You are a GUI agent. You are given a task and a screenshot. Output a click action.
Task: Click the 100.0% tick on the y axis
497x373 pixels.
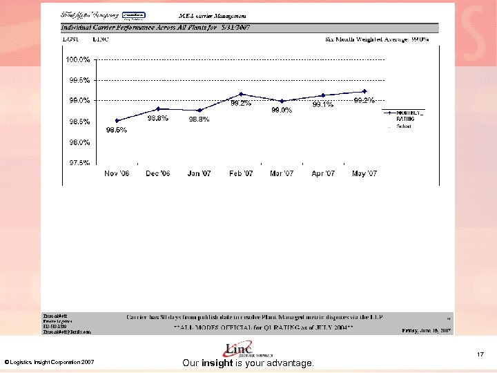pyautogui.click(x=77, y=59)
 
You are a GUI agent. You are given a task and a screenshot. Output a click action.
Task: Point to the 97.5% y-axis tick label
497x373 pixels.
pyautogui.click(x=77, y=163)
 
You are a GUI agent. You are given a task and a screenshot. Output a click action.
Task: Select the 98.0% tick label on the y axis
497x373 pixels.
pyautogui.click(x=77, y=142)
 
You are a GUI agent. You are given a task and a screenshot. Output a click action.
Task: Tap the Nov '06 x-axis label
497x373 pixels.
pyautogui.click(x=117, y=173)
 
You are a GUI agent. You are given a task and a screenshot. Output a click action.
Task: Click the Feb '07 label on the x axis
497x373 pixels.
pyautogui.click(x=241, y=173)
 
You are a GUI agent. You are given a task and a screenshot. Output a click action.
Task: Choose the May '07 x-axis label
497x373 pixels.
pyautogui.click(x=364, y=173)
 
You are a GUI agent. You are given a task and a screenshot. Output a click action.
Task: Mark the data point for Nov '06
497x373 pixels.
pyautogui.click(x=117, y=121)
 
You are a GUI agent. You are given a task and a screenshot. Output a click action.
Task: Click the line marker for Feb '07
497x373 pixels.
pyautogui.click(x=241, y=94)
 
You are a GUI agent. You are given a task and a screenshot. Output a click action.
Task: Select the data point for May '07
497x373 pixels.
pyautogui.click(x=364, y=91)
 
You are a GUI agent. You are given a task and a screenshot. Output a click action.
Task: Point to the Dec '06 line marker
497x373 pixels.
pyautogui.click(x=158, y=108)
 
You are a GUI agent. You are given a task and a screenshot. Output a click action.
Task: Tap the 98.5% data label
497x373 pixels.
pyautogui.click(x=116, y=130)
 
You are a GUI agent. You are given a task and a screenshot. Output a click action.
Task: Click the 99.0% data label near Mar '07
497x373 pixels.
pyautogui.click(x=281, y=110)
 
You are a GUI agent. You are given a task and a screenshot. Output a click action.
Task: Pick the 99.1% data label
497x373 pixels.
pyautogui.click(x=322, y=105)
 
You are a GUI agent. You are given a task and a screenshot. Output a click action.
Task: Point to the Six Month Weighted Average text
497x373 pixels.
pyautogui.click(x=377, y=39)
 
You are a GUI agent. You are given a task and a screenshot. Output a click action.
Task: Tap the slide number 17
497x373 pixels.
pyautogui.click(x=480, y=355)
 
